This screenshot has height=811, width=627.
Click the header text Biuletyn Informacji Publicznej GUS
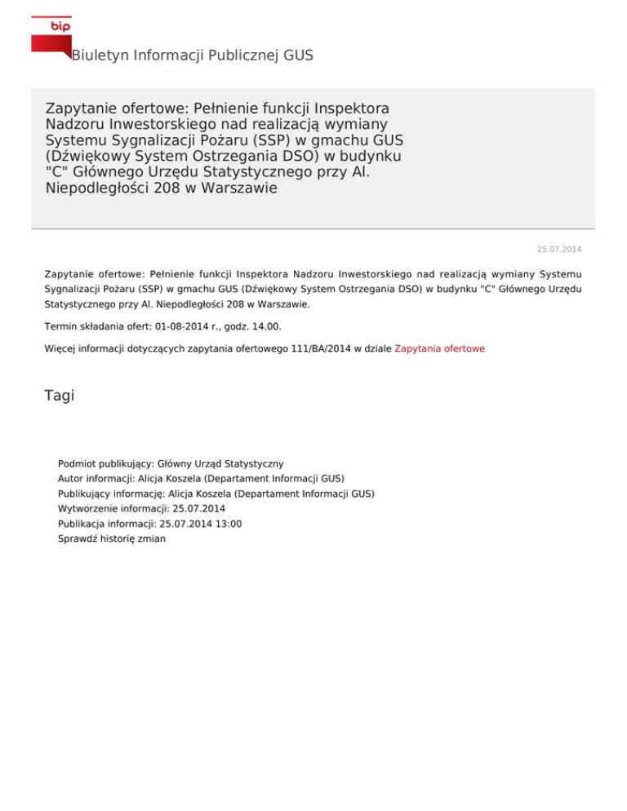click(x=192, y=55)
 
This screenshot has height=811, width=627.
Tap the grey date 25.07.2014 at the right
click(x=564, y=248)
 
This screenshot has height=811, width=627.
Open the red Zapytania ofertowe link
click(x=439, y=348)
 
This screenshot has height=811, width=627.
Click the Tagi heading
click(x=60, y=396)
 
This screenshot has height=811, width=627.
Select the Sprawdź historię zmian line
click(x=112, y=539)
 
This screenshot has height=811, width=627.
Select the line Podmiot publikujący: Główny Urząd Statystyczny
click(x=171, y=463)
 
